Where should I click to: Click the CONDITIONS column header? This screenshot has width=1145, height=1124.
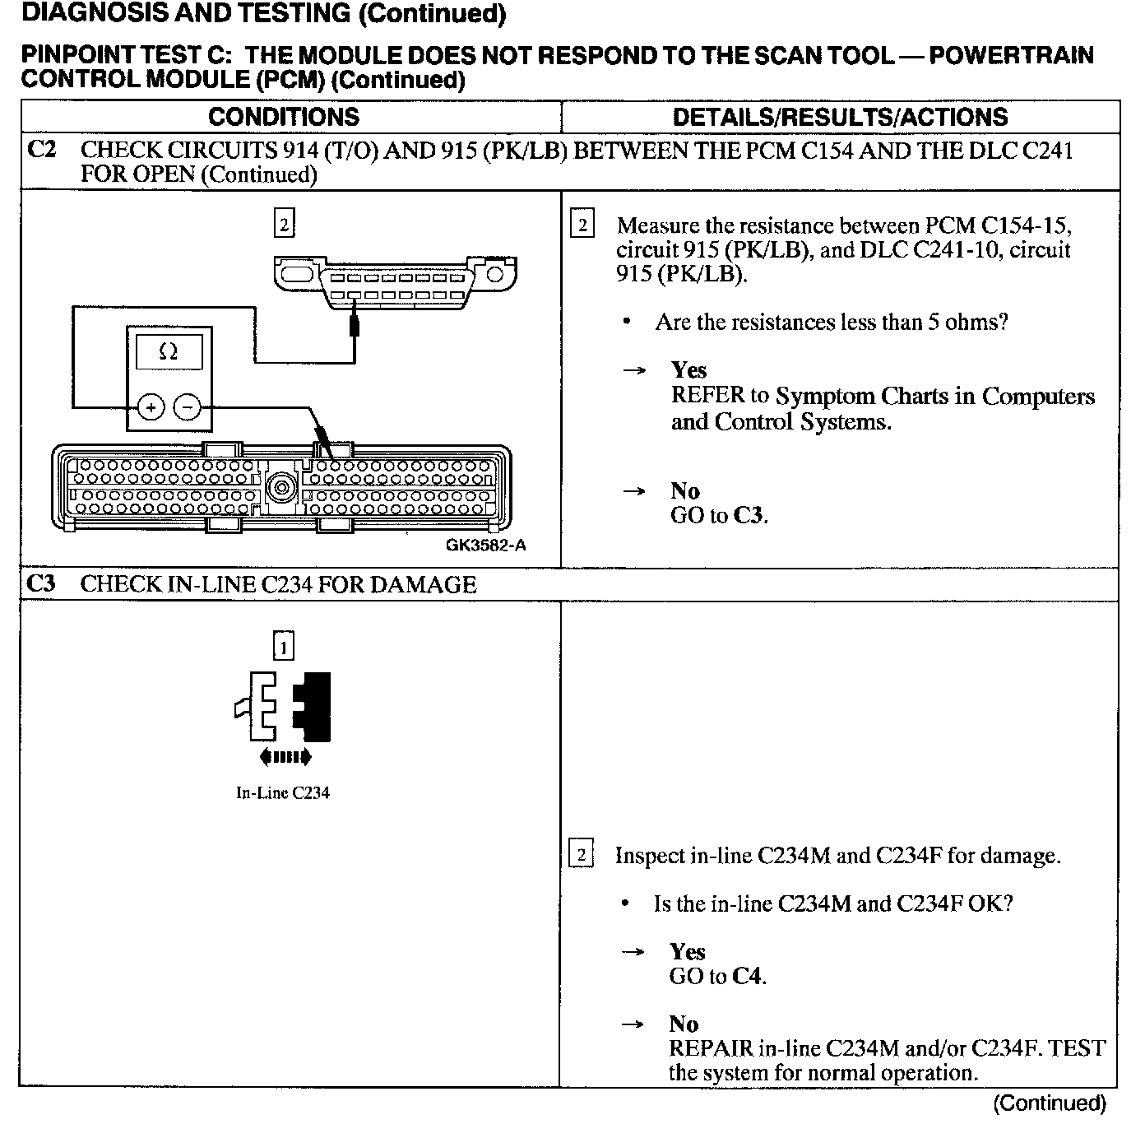point(284,117)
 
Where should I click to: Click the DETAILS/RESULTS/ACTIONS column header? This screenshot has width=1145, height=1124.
point(840,117)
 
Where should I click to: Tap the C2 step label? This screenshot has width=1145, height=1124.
point(41,151)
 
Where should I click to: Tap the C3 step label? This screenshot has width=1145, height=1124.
point(41,584)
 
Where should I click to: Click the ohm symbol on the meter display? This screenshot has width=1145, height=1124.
point(169,352)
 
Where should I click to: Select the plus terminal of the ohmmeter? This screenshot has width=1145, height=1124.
point(151,406)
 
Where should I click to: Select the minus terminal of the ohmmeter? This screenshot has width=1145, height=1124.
point(188,406)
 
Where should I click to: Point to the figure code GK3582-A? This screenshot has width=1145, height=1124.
point(486,545)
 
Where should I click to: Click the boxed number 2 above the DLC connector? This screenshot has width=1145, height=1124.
point(284,223)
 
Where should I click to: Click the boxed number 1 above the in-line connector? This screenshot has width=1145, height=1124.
point(283,648)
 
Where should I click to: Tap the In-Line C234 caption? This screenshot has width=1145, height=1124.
point(283,793)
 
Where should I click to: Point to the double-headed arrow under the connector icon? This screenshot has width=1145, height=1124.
point(285,757)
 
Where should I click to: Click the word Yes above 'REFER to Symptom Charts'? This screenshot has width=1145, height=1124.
point(689,370)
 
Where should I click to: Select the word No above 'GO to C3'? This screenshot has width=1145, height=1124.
point(684,491)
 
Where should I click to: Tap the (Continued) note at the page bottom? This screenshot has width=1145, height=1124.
point(1050,1103)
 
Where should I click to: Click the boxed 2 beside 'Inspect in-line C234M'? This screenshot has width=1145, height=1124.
point(581,855)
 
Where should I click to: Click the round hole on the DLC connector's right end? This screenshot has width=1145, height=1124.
point(495,274)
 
